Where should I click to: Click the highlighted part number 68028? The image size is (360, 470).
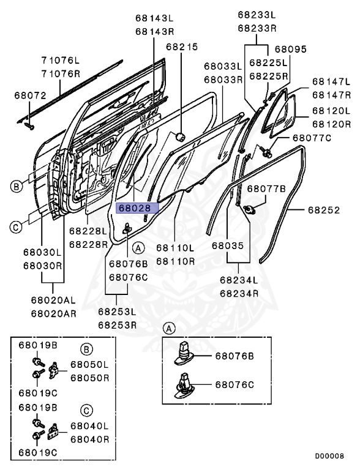tap(135, 208)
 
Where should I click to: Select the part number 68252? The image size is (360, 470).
tap(323, 209)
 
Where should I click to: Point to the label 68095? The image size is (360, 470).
tap(290, 49)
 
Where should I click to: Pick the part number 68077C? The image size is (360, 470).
tap(312, 138)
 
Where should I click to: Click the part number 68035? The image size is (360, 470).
tap(228, 246)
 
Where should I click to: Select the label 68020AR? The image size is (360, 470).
tap(54, 313)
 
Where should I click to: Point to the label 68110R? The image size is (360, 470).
tap(175, 261)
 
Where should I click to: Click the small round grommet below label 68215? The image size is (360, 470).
tap(181, 136)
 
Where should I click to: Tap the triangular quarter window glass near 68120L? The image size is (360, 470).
tap(282, 112)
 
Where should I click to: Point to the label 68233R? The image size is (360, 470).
tap(257, 28)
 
